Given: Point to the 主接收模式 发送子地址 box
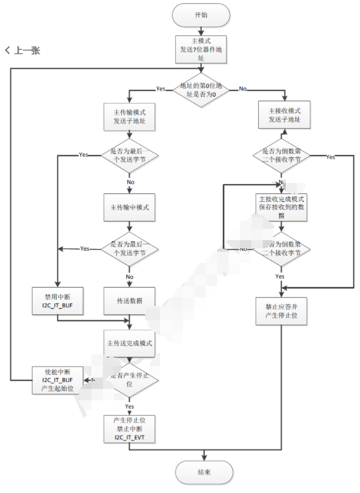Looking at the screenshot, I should click(282, 116).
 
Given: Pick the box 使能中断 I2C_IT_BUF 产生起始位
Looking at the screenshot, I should click(58, 380).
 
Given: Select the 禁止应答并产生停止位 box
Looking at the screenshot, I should click(282, 311).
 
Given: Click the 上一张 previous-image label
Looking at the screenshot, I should click(23, 50).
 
